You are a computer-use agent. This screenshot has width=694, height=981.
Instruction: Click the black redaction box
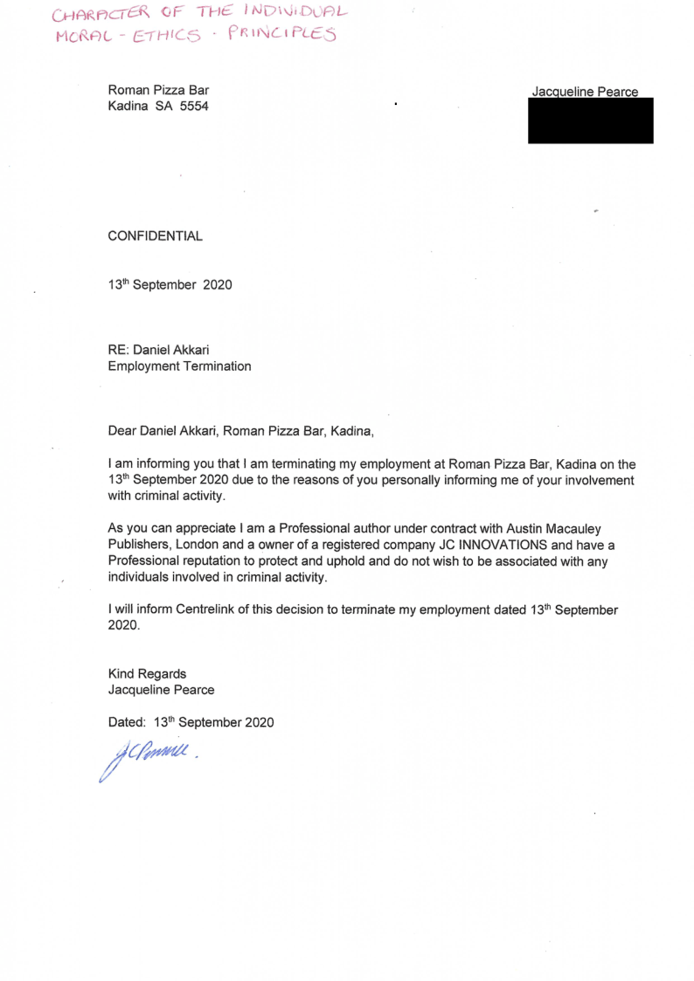point(590,121)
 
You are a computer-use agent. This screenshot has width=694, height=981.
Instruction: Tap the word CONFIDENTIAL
point(155,236)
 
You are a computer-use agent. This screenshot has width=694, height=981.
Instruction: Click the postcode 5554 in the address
point(193,106)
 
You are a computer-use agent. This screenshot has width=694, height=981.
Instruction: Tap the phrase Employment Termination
point(179,366)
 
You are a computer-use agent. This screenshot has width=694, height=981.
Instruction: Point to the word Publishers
point(138,545)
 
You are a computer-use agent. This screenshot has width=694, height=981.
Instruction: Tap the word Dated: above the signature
point(126,722)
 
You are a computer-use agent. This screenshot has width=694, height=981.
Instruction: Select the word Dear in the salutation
point(122,430)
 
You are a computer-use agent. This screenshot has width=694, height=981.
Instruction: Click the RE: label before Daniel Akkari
point(118,350)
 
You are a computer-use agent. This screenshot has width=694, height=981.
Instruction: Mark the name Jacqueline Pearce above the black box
point(585,92)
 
